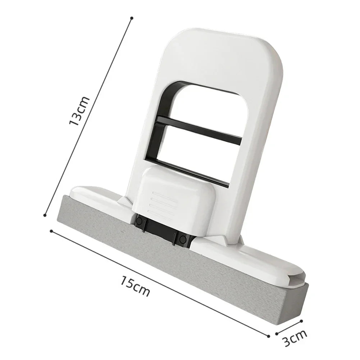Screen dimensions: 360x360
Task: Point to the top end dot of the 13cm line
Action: click(x=132, y=18)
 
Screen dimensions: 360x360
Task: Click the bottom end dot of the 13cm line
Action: click(x=45, y=215)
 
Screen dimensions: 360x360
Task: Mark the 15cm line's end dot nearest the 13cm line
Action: click(x=51, y=231)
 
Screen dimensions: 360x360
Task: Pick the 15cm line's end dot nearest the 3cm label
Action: click(x=269, y=336)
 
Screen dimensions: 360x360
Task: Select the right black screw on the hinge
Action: click(x=183, y=239)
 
